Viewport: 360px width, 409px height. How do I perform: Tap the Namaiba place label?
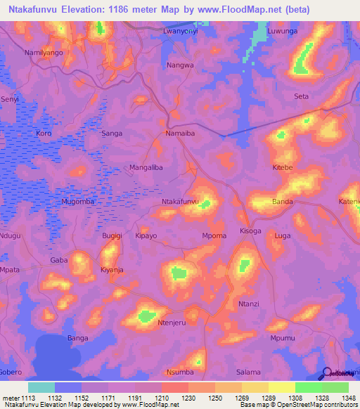[x=184, y=133]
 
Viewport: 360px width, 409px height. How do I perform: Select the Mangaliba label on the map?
[x=146, y=167]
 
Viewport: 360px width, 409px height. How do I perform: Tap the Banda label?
[x=283, y=202]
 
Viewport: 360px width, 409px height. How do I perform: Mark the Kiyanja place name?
[x=112, y=270]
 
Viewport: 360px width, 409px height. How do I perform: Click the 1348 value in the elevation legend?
[x=340, y=398]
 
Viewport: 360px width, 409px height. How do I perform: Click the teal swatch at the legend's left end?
[x=41, y=387]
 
